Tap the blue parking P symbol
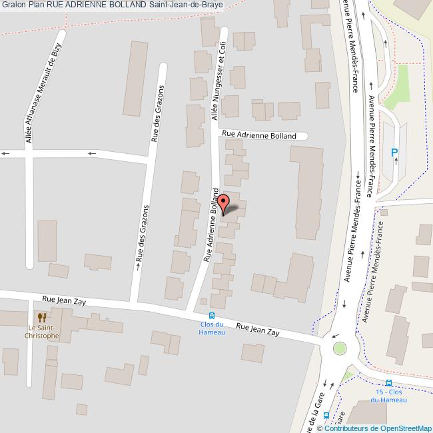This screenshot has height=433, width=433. pyautogui.click(x=394, y=153)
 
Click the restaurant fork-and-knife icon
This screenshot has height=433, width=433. pyautogui.click(x=41, y=318)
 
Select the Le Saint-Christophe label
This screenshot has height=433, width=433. pyautogui.click(x=43, y=331)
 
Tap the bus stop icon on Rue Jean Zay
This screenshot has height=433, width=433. pyautogui.click(x=212, y=316)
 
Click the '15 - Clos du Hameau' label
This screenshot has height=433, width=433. pyautogui.click(x=389, y=395)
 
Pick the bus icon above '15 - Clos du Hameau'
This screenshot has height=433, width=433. pyautogui.click(x=388, y=382)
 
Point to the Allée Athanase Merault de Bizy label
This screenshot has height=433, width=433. pyautogui.click(x=43, y=93)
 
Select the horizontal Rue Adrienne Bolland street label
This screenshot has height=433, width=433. pyautogui.click(x=259, y=135)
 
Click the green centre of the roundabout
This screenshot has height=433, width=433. pyautogui.click(x=340, y=347)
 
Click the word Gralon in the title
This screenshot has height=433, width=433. pyautogui.click(x=13, y=5)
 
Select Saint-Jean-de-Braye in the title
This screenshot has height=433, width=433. pyautogui.click(x=186, y=5)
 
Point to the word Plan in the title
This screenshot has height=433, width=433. pyautogui.click(x=37, y=5)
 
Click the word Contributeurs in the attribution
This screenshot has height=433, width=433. pyautogui.click(x=347, y=428)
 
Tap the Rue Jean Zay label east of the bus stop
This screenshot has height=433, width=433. pyautogui.click(x=258, y=329)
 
